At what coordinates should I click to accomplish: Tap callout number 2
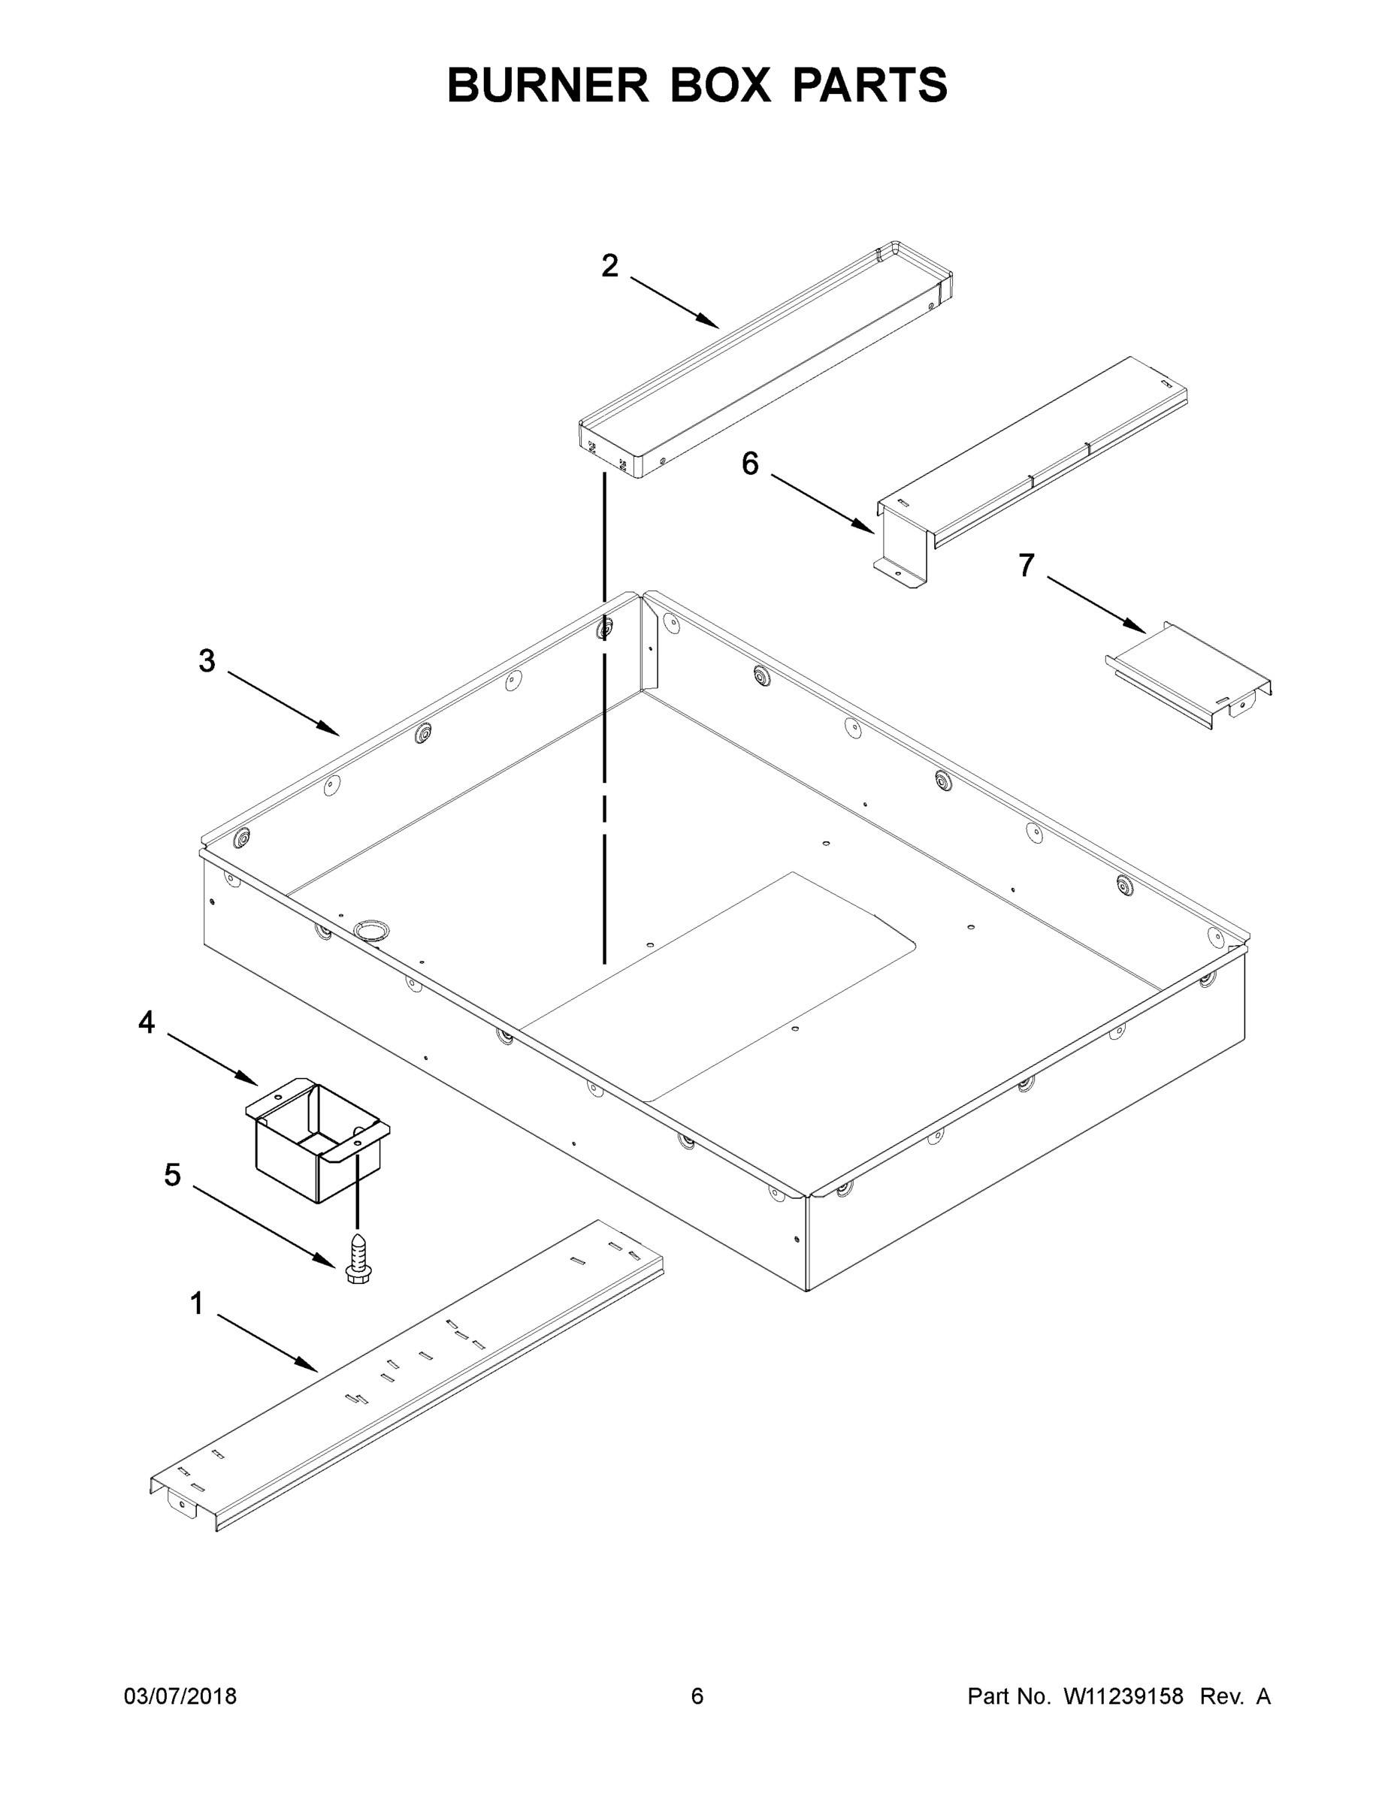609,266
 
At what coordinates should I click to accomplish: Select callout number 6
750,464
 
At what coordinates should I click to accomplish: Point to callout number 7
1026,566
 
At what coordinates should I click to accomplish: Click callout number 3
207,660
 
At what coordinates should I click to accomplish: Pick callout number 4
147,1023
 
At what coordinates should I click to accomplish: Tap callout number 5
172,1175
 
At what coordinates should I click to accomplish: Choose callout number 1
197,1303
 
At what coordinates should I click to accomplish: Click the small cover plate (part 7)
1189,674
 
